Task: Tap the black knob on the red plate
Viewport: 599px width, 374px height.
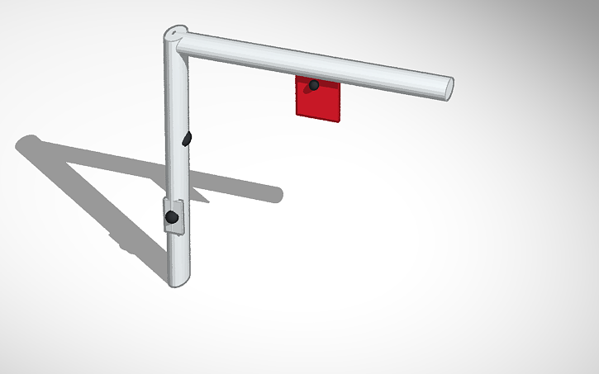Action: [314, 85]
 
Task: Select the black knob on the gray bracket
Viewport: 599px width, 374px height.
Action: [172, 217]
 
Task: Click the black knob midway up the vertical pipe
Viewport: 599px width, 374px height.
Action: [187, 138]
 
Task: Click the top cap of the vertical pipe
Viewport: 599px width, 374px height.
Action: [174, 33]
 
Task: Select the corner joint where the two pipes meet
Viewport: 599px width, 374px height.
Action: [178, 43]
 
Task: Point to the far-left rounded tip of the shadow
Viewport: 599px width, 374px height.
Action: [21, 143]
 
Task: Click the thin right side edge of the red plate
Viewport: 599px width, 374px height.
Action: [340, 103]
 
